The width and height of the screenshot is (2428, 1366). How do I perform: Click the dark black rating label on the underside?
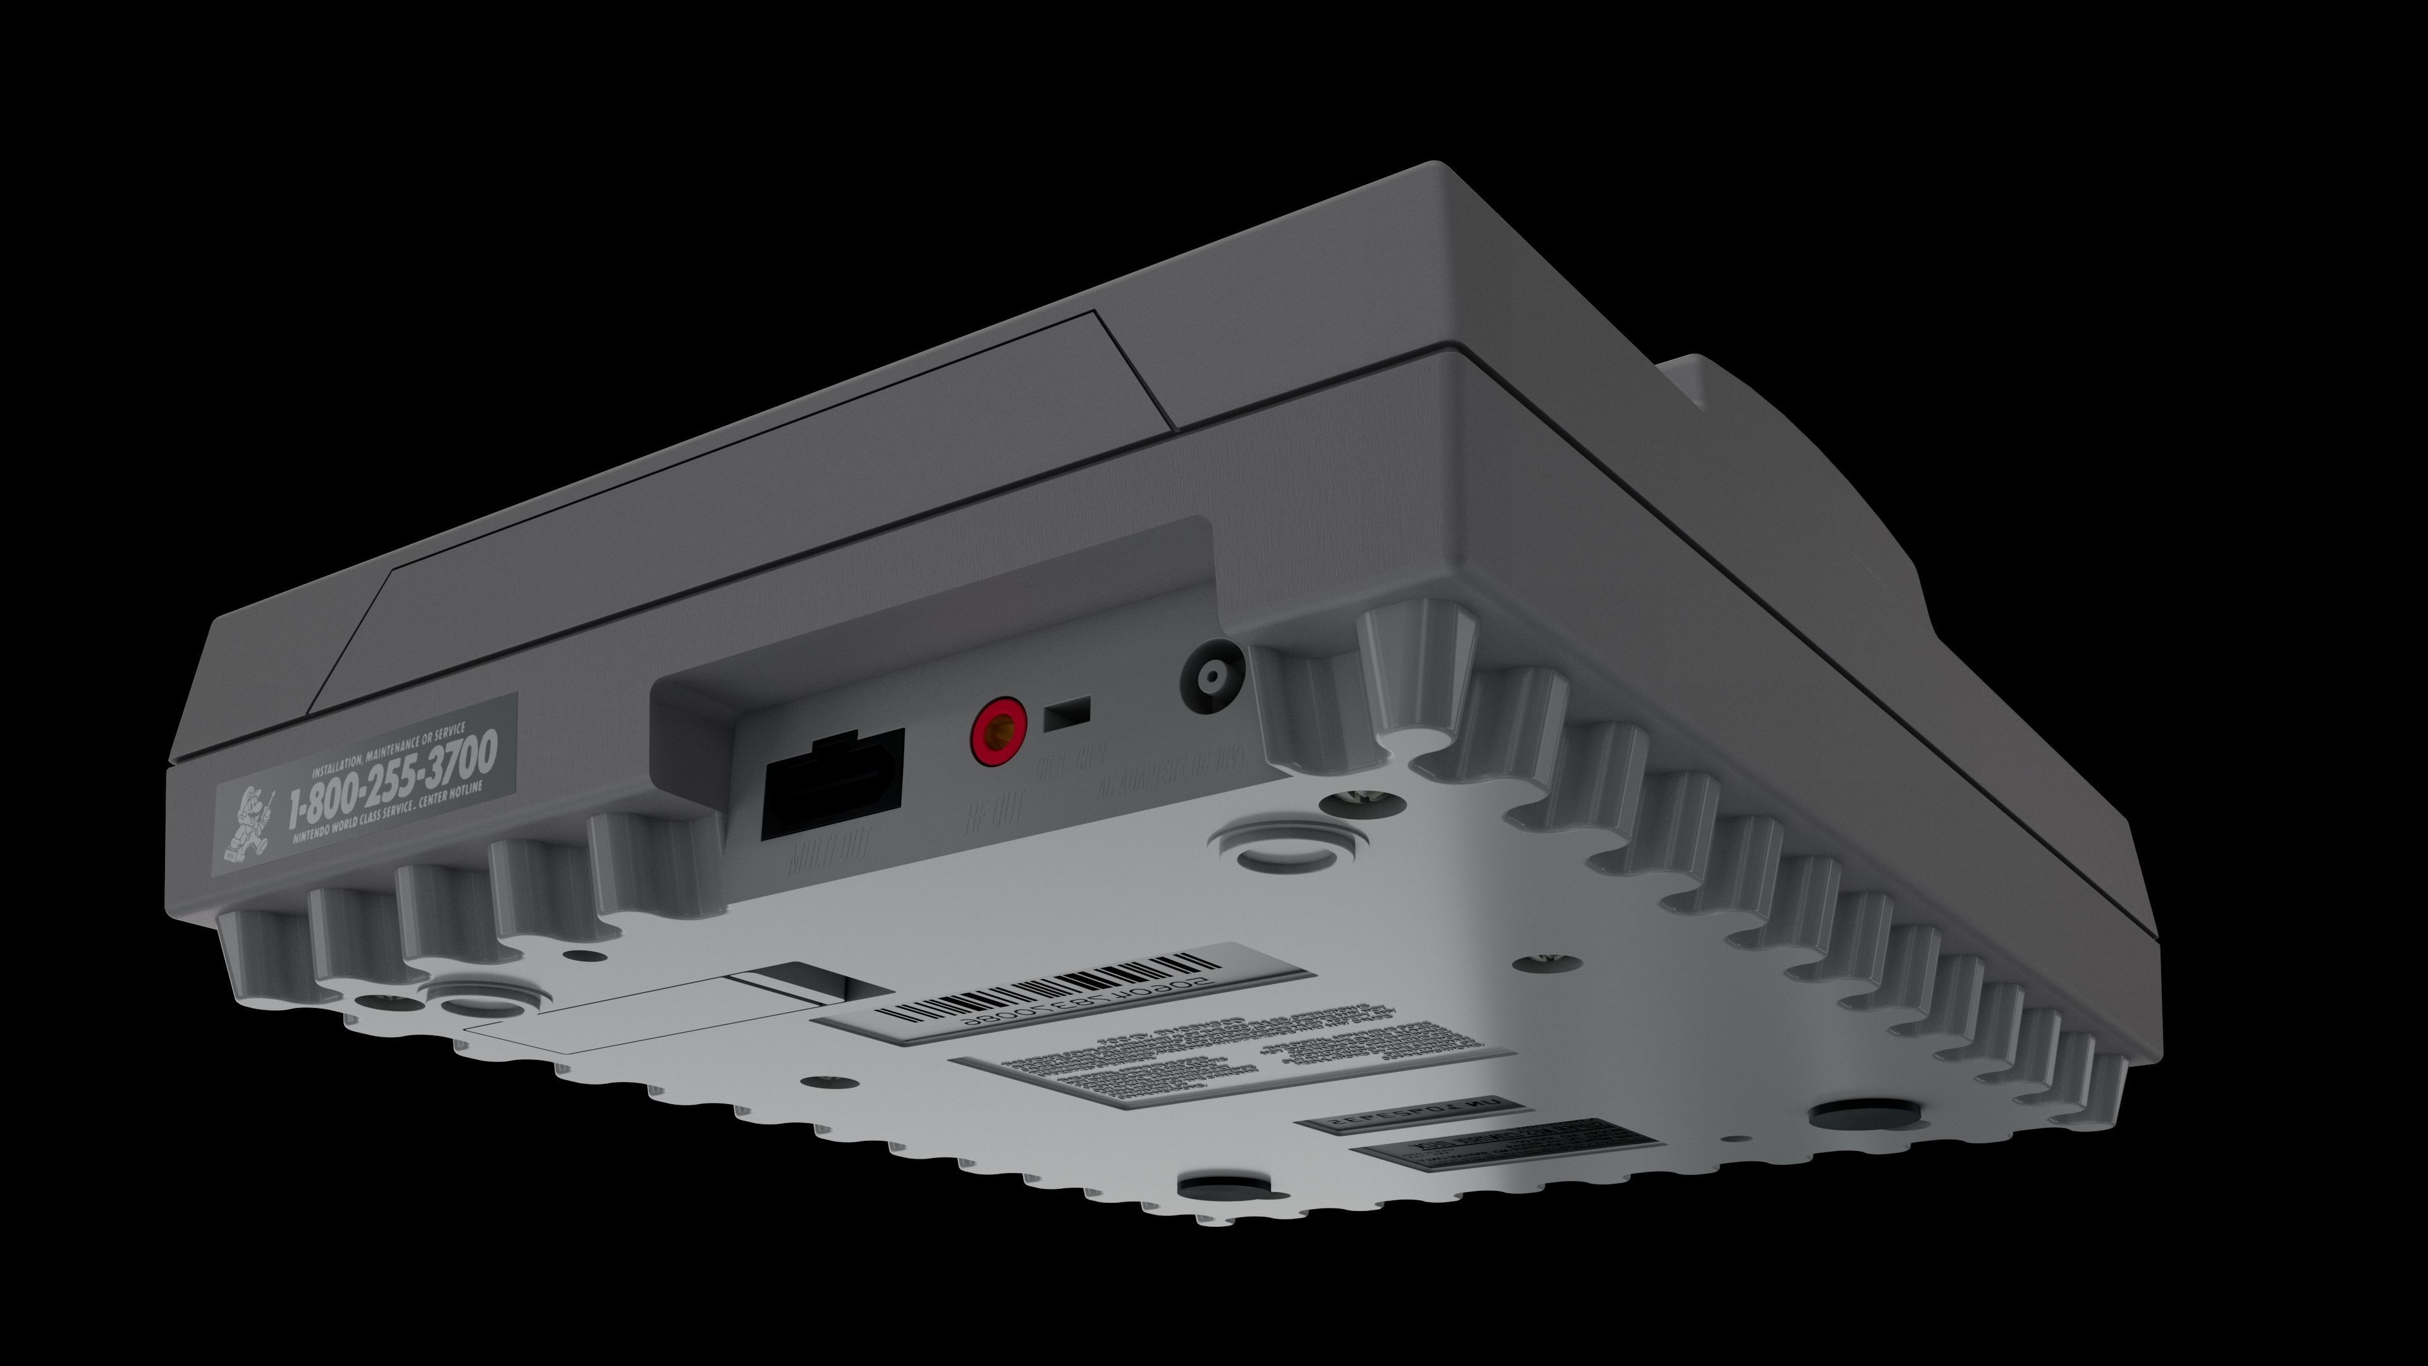pos(1480,1143)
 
